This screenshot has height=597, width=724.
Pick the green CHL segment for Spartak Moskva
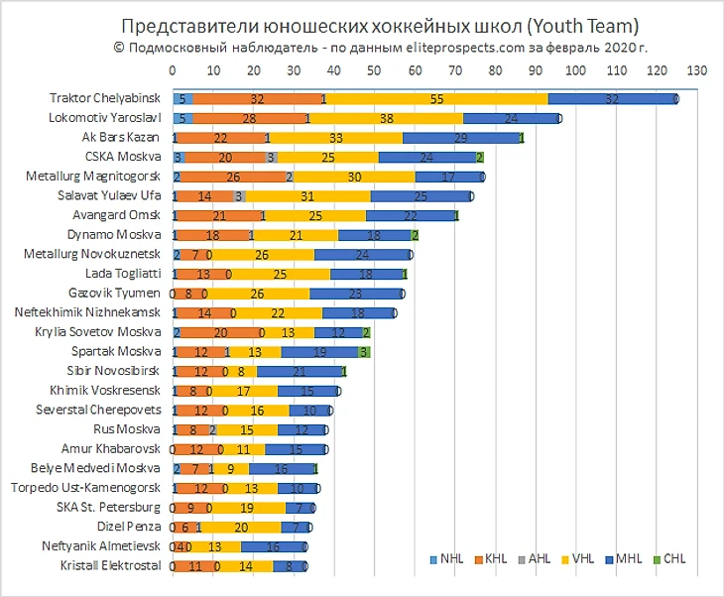(364, 351)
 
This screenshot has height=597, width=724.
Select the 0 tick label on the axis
(173, 71)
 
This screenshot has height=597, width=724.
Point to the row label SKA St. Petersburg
(110, 507)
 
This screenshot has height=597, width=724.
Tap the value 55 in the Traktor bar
(437, 99)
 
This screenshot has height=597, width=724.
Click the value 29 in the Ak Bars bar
(460, 138)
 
